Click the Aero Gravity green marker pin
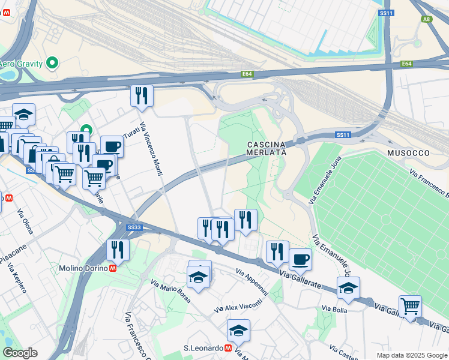coord(52,62)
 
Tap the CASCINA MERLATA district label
coord(266,148)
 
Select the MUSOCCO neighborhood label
coord(408,153)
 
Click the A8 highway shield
coord(426,19)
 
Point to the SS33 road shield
coord(134,227)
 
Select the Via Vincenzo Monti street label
coord(151,149)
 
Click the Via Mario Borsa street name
coord(171,291)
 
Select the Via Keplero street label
coord(17,278)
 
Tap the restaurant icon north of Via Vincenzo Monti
coord(142,96)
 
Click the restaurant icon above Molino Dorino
coord(118,250)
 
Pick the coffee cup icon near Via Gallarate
coord(300,260)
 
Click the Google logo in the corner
coord(20,353)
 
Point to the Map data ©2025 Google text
coord(411,355)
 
